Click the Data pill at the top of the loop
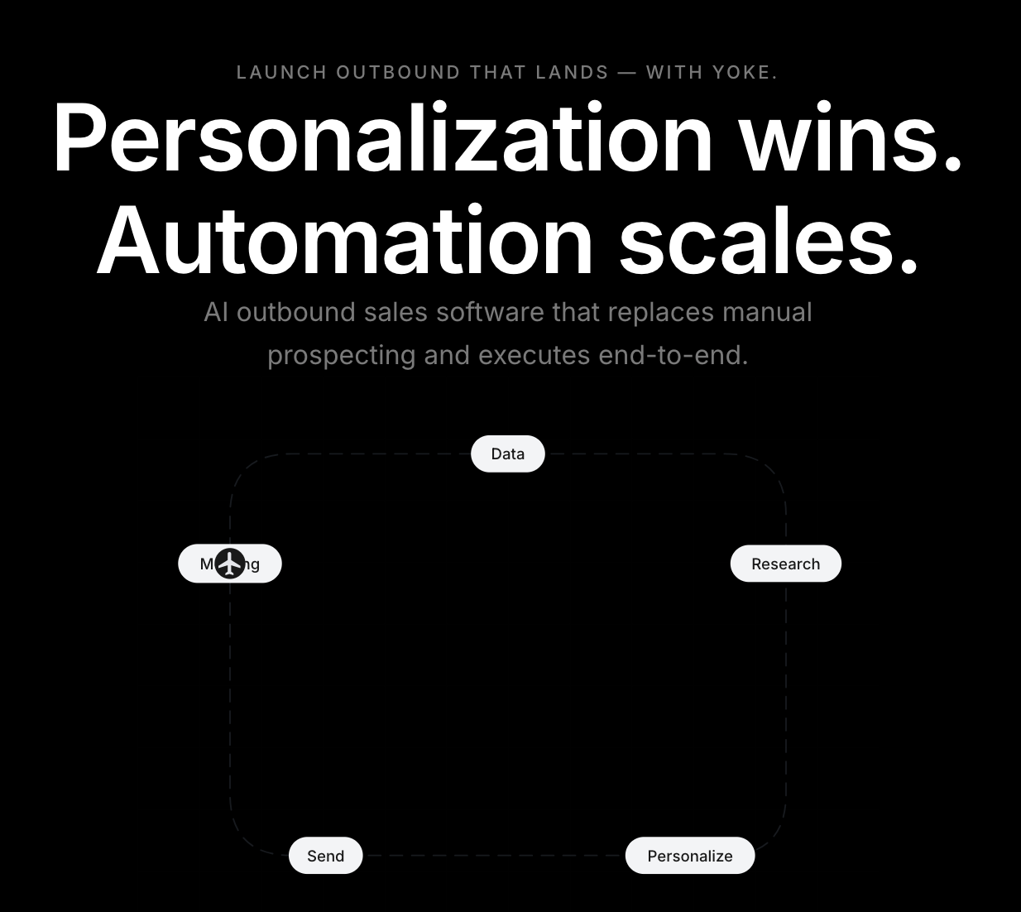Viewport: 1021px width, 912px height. tap(507, 454)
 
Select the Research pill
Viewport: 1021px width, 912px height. tap(785, 564)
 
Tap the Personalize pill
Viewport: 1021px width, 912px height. tap(689, 856)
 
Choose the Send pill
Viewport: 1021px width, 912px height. tap(325, 856)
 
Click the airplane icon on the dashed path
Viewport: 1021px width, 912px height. tap(230, 564)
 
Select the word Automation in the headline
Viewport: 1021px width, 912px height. tap(345, 241)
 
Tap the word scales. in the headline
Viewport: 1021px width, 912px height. tap(769, 241)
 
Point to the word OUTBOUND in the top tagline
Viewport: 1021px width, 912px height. tap(398, 73)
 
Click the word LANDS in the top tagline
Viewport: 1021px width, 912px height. tap(572, 73)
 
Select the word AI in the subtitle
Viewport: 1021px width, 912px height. tap(216, 313)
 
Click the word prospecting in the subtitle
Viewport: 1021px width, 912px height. tap(341, 356)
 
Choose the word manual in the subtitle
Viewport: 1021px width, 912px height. tap(767, 313)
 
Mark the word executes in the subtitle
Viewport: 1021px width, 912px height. tap(534, 356)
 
